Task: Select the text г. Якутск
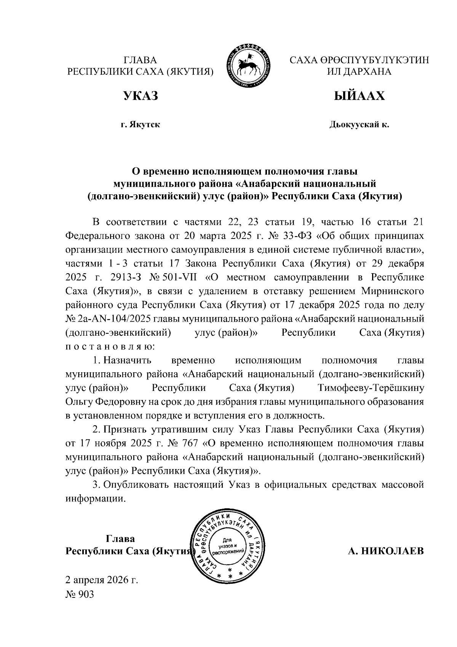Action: coord(140,125)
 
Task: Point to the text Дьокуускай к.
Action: coord(359,125)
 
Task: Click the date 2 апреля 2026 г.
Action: coord(102,580)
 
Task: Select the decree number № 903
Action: coord(80,595)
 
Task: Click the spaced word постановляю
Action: coord(110,347)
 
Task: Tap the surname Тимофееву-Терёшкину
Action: coord(370,388)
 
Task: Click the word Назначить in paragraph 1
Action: coord(128,360)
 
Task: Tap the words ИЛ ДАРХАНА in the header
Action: coord(359,72)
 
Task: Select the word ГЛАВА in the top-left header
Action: coord(140,60)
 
